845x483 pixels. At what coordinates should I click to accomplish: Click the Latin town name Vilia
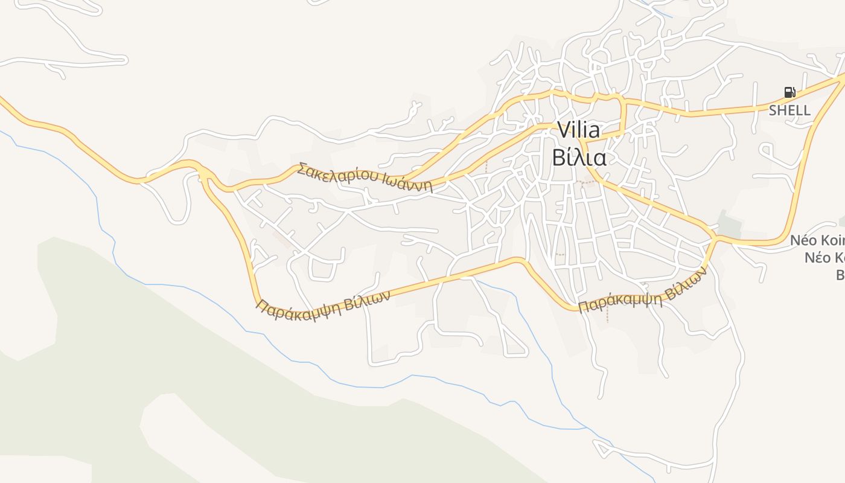tap(579, 130)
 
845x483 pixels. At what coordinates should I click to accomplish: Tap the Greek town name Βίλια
tap(579, 157)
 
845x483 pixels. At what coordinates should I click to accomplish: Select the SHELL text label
tap(789, 110)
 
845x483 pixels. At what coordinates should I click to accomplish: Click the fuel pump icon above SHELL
tap(789, 92)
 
